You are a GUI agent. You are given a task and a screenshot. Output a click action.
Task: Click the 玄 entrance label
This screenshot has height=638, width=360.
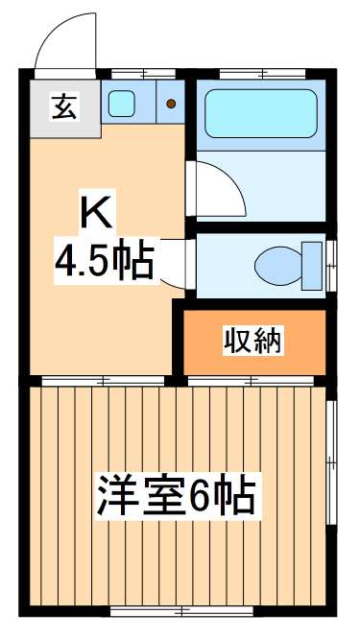click(61, 107)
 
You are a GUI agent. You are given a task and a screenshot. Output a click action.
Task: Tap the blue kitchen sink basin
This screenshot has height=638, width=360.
click(121, 104)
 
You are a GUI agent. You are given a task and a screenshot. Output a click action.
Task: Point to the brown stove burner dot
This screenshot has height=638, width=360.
click(170, 103)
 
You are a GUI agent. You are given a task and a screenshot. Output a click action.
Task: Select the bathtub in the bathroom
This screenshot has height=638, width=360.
click(260, 115)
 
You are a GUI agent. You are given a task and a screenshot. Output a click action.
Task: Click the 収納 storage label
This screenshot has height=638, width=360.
click(253, 341)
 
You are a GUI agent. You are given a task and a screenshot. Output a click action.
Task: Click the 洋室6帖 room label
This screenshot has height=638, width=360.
click(175, 497)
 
